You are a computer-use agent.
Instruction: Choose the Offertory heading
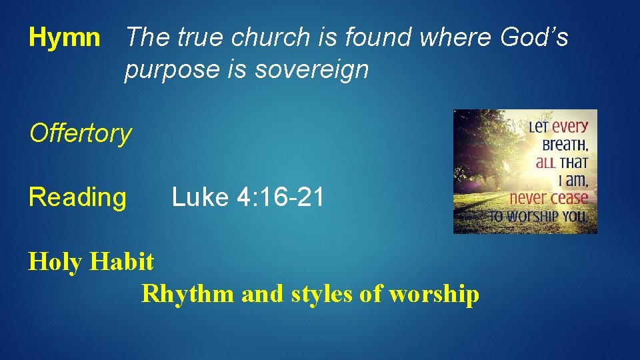pos(81,134)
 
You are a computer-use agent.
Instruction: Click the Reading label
pos(77,197)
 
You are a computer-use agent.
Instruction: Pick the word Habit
pos(123,261)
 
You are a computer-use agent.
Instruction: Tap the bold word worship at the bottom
pos(433,293)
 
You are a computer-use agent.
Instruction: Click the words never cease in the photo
pos(549,198)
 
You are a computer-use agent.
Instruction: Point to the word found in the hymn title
pos(375,37)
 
